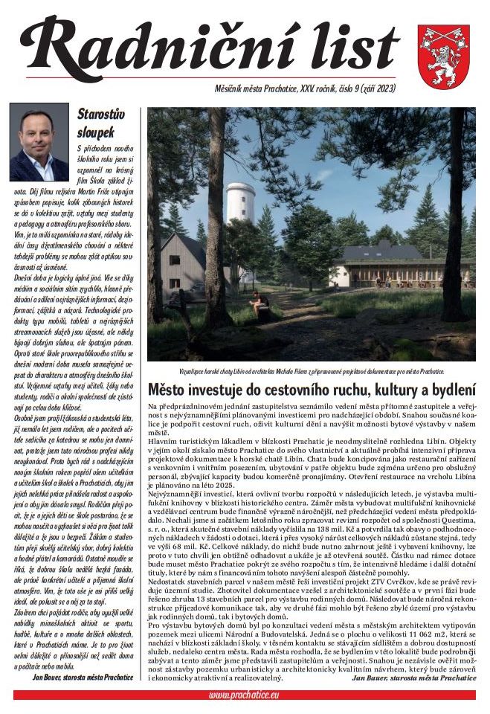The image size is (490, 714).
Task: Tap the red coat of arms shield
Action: (x=442, y=55)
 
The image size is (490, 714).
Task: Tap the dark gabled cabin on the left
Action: (x=182, y=264)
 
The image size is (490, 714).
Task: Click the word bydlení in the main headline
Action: (x=449, y=388)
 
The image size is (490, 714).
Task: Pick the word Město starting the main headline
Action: (x=167, y=388)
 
